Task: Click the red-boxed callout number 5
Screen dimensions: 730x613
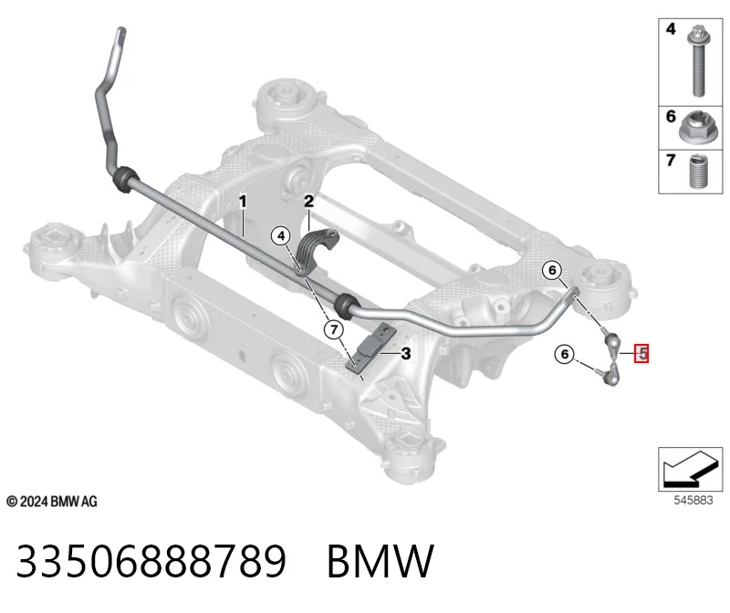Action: point(642,354)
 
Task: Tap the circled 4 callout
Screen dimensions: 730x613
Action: point(281,236)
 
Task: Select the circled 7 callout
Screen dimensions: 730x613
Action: point(334,330)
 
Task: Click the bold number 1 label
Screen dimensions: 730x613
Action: point(242,202)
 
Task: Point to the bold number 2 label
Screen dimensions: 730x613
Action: point(308,202)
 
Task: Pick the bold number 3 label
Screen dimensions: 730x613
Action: point(406,354)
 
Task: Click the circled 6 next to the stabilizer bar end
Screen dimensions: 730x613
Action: point(552,270)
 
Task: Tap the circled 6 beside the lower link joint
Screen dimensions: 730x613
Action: point(564,354)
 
